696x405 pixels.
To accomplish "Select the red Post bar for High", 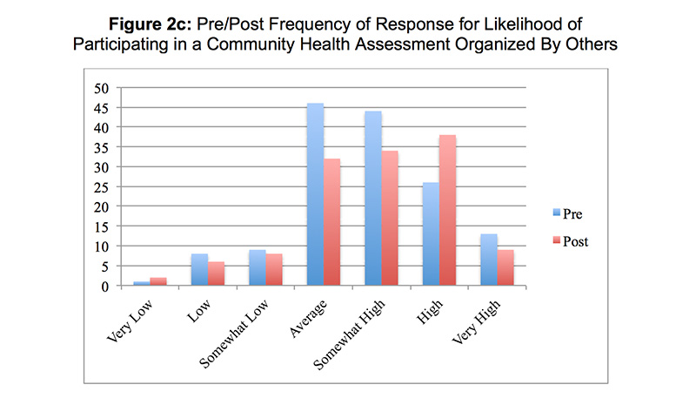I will click(447, 210).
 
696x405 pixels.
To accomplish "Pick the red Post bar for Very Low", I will click(157, 281).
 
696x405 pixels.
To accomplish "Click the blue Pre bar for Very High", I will click(489, 260).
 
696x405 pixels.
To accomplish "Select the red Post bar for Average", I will click(331, 222).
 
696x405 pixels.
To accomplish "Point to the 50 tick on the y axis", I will click(102, 88).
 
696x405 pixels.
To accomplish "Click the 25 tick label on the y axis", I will click(102, 186).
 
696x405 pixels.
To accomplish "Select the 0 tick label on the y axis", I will click(105, 286).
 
